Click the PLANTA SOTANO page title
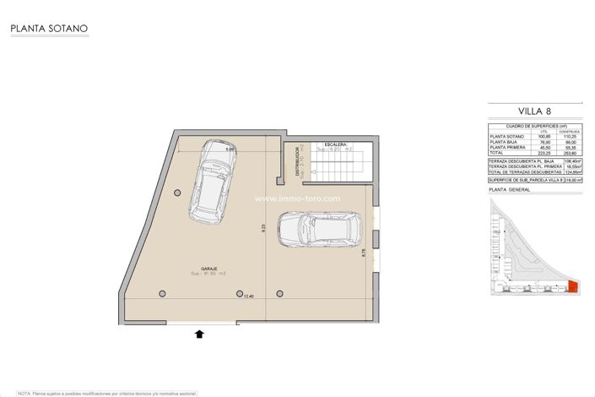49,29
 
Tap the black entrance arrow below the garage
199,334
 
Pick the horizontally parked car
320,228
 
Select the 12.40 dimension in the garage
248,296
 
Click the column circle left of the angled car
176,193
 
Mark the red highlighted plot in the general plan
572,287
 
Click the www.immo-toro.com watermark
298,199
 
